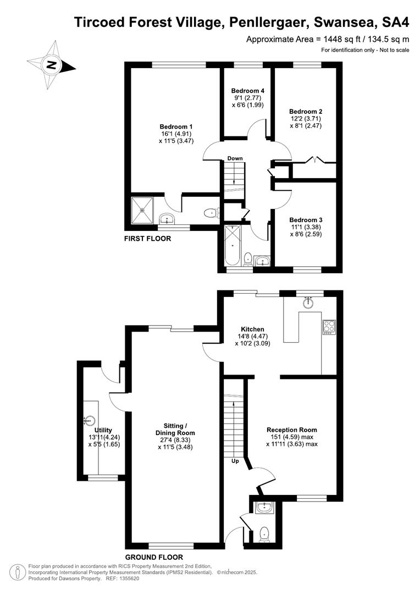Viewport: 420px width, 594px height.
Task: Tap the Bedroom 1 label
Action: [x=176, y=127]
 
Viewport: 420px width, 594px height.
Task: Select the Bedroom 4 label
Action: [x=248, y=91]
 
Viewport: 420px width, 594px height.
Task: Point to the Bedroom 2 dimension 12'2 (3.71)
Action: [x=306, y=119]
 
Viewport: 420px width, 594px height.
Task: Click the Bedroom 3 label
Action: [x=306, y=219]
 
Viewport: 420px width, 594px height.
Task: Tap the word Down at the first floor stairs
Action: [x=235, y=158]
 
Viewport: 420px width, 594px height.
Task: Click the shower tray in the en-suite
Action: [x=142, y=210]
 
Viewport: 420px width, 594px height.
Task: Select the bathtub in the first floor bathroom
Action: [x=232, y=246]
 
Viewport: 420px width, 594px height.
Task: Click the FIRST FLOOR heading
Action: [x=147, y=238]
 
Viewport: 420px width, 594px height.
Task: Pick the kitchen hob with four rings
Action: [x=329, y=327]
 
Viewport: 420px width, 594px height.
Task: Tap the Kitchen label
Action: [x=252, y=329]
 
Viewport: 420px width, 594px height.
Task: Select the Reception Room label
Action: [x=291, y=430]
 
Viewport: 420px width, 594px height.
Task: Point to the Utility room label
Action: [x=103, y=430]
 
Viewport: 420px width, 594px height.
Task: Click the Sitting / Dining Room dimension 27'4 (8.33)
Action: [x=175, y=440]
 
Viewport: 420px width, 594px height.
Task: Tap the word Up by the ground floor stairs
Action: [x=235, y=461]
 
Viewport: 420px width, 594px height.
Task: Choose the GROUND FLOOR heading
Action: [x=154, y=557]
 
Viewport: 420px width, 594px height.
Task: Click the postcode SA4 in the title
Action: [x=395, y=23]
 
